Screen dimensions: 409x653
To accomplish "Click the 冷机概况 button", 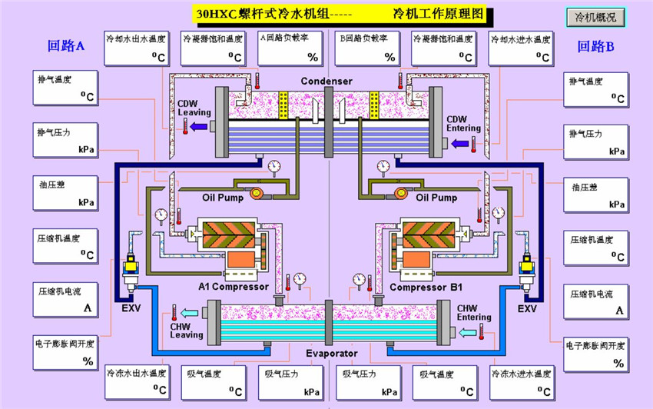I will pos(596,17).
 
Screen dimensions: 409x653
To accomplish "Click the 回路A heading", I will pos(65,46).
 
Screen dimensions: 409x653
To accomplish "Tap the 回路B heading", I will pos(596,46).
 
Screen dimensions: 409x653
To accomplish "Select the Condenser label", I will pos(326,81).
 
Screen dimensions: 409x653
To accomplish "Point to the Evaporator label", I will pos(332,354).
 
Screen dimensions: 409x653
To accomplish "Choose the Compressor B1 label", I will pos(426,288).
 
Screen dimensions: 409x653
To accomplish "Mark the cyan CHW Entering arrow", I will pos(466,332).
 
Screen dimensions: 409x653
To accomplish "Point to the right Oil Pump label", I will pos(436,198).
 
